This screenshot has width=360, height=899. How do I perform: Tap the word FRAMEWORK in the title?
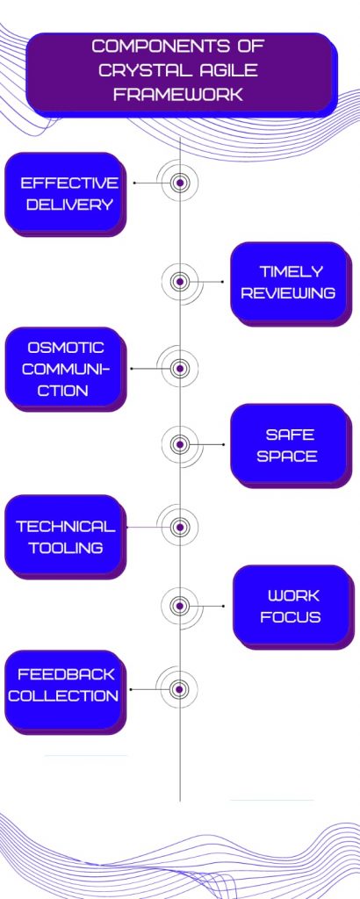click(x=178, y=95)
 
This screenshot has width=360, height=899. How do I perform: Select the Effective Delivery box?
click(x=65, y=194)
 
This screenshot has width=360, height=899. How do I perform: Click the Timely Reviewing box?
click(x=291, y=284)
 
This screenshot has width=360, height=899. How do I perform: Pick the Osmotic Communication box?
click(x=65, y=369)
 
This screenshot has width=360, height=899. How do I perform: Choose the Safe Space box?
click(x=291, y=445)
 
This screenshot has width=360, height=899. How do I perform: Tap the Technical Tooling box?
click(x=65, y=536)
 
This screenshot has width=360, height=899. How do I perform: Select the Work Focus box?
click(x=293, y=608)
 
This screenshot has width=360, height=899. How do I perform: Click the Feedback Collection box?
click(x=65, y=692)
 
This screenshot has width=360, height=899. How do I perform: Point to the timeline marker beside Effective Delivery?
click(x=180, y=183)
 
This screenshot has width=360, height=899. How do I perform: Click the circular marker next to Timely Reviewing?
click(x=180, y=282)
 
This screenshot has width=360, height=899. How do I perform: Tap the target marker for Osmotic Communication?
click(x=180, y=368)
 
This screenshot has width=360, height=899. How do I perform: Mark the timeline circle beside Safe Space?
click(x=180, y=444)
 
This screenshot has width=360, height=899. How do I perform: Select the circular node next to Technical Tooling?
click(x=180, y=527)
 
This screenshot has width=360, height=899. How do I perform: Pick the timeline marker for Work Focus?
click(x=180, y=606)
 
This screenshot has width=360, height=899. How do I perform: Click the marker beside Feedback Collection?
click(x=180, y=688)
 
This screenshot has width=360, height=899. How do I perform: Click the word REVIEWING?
click(x=288, y=293)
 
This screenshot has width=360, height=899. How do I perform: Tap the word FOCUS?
click(x=290, y=617)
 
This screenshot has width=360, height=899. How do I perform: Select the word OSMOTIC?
click(x=65, y=348)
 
